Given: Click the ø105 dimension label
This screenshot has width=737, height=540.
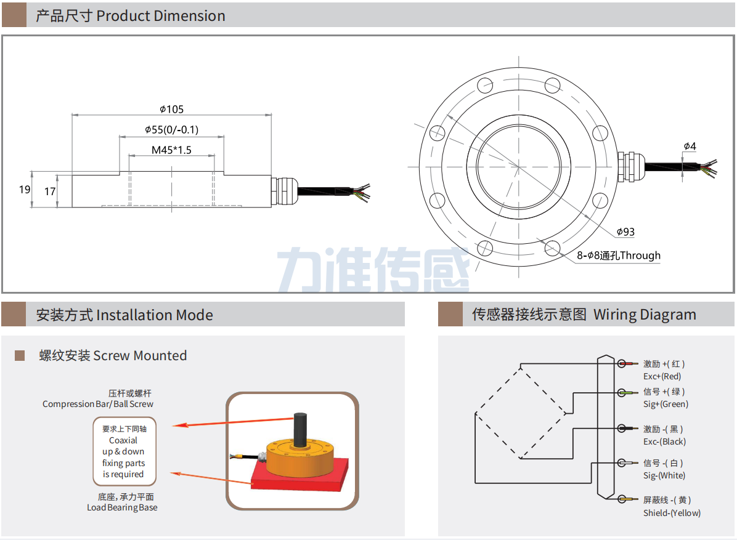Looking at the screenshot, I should [172, 110].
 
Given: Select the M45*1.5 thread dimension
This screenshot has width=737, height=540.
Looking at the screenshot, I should [171, 150].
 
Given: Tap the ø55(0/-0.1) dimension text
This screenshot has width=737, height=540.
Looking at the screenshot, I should [171, 130].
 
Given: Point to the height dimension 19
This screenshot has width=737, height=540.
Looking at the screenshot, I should [25, 190].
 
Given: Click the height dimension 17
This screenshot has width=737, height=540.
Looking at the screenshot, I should [50, 192].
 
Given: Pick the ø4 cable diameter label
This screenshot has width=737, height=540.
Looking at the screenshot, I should [690, 147].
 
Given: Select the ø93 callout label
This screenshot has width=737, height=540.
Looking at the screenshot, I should [625, 232].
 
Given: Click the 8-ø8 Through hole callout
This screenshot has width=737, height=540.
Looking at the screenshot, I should [619, 256].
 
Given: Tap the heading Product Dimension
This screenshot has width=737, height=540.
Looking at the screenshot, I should [131, 16].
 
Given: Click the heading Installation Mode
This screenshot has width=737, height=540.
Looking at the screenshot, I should [124, 315].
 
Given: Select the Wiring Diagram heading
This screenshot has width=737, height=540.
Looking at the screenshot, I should [584, 315].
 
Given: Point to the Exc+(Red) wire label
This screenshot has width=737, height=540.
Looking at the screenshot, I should [662, 376].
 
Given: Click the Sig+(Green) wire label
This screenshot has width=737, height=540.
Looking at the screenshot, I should [666, 404].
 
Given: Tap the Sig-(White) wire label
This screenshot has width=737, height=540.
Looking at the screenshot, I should [664, 475].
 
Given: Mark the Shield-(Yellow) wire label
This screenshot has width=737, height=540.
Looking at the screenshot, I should [672, 513].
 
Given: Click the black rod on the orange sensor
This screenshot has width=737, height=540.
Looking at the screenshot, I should [301, 429].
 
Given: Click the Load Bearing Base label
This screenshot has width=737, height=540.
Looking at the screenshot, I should [122, 507].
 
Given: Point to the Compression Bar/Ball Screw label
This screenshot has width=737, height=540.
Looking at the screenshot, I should [98, 404].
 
